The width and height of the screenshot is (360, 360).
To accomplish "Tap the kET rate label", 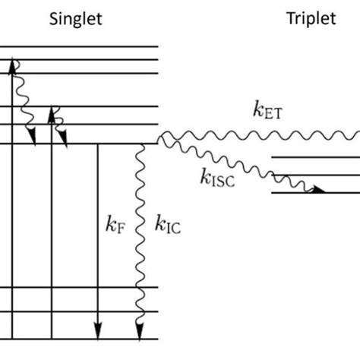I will (270, 110).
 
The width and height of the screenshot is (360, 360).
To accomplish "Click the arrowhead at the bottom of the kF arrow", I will (98, 331).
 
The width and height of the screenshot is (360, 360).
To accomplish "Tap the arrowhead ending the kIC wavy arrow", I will (140, 331).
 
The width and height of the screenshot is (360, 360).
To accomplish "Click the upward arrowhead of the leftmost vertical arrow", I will (13, 67).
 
